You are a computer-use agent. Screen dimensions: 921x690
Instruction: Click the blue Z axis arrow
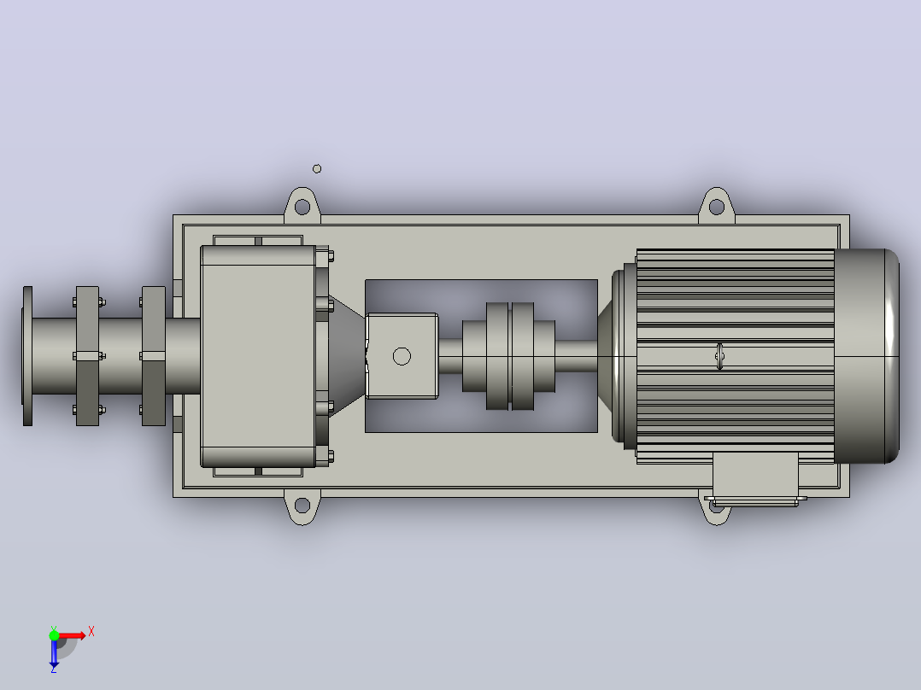[x=54, y=654]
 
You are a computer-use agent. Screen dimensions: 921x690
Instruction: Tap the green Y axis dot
[x=54, y=635]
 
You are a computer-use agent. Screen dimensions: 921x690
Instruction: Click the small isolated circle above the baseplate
[x=317, y=169]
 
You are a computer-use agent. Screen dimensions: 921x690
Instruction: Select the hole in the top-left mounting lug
[x=302, y=207]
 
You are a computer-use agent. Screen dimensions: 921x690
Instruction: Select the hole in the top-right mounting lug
[x=717, y=207]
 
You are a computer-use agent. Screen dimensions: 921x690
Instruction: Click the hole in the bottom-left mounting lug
[x=302, y=505]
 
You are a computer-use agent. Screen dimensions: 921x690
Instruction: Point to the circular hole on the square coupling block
[x=402, y=356]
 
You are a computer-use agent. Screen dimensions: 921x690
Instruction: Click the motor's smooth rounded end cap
[x=866, y=356]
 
